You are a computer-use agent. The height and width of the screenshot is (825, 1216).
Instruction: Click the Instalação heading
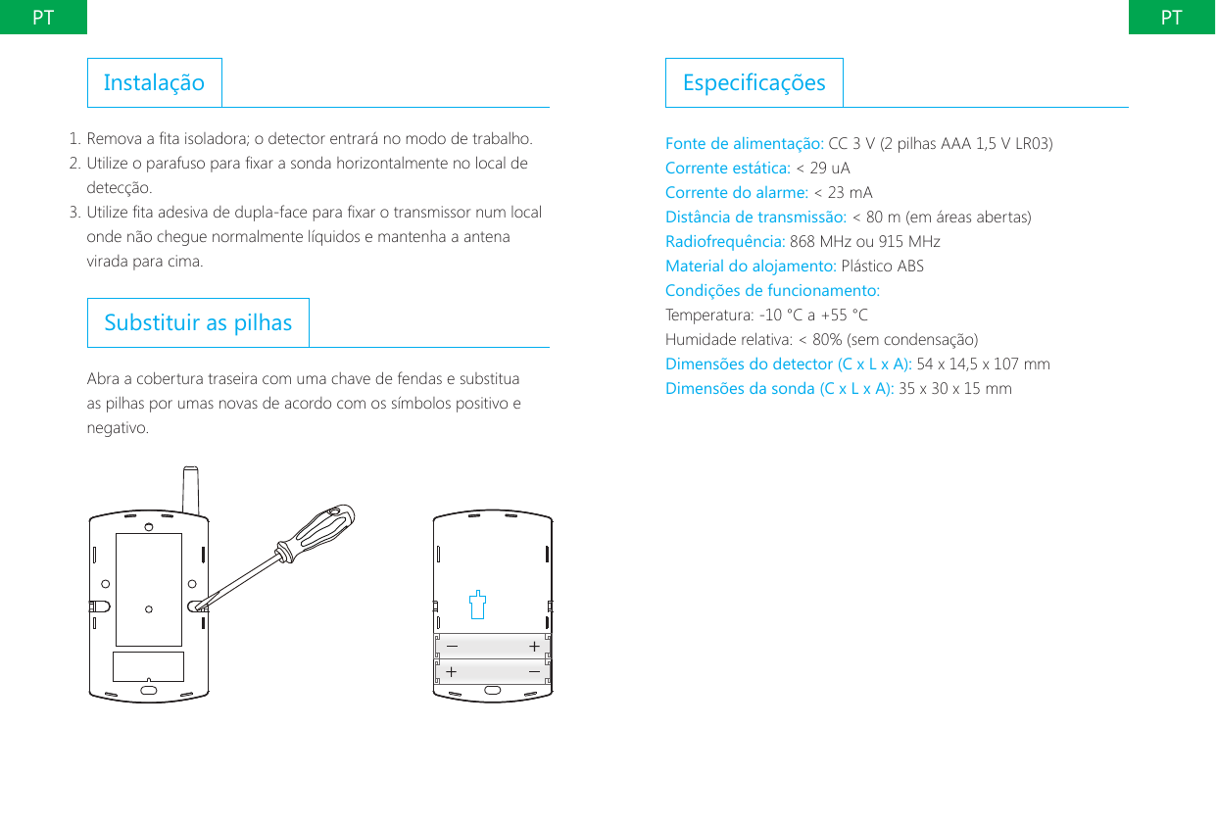(154, 82)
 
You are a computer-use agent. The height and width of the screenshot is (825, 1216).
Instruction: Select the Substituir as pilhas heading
(198, 322)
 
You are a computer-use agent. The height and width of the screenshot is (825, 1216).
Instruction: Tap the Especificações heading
(754, 82)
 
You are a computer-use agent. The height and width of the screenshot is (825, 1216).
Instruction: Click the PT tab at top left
(43, 17)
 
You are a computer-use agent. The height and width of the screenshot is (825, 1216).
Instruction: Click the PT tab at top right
(1171, 17)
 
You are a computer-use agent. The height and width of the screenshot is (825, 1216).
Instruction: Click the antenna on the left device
(192, 490)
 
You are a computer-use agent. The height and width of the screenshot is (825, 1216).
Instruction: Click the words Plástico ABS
(882, 267)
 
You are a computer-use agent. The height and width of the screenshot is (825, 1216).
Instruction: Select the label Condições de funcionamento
(772, 291)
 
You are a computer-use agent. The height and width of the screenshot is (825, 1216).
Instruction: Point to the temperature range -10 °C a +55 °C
(813, 315)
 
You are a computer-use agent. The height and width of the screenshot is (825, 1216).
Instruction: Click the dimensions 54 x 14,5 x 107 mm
(983, 364)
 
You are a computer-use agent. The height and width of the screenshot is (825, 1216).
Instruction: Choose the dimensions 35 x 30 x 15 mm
(955, 389)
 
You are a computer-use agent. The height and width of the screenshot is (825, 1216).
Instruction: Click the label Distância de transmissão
(755, 217)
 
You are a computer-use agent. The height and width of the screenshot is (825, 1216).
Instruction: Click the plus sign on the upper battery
(534, 647)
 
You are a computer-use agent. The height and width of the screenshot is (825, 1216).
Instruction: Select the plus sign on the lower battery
(451, 672)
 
